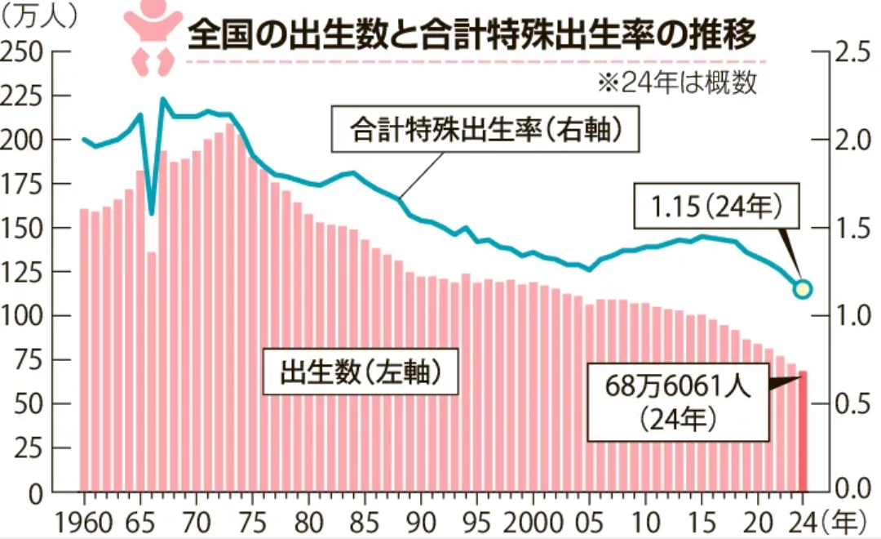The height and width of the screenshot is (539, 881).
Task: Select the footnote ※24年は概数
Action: pyautogui.click(x=677, y=83)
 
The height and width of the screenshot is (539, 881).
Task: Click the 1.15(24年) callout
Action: pyautogui.click(x=715, y=207)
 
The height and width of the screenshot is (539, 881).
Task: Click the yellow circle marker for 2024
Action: pyautogui.click(x=803, y=288)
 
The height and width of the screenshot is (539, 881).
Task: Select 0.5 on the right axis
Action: pyautogui.click(x=853, y=404)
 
